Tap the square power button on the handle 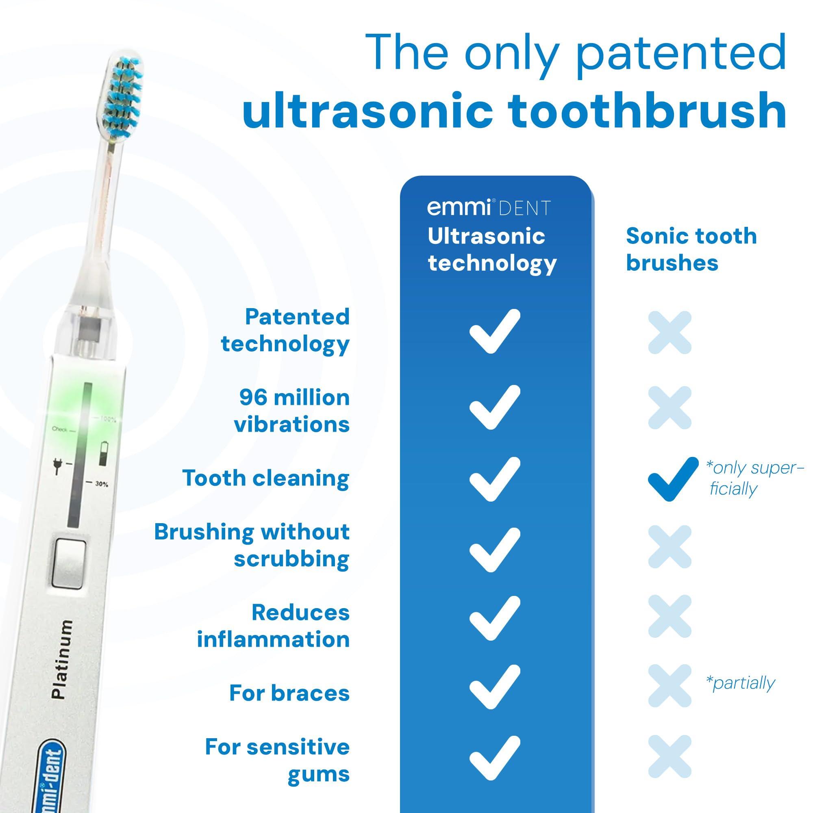70,563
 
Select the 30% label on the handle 101,484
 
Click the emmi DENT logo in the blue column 489,208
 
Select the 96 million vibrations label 292,411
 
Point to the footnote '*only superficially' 754,478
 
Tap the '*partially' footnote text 740,683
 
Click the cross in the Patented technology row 670,332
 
